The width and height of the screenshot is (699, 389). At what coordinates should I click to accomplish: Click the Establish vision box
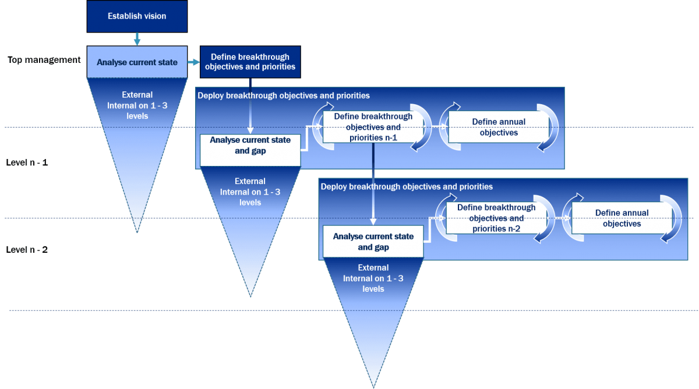[x=137, y=16]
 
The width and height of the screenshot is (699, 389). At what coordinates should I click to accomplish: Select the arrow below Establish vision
[x=137, y=39]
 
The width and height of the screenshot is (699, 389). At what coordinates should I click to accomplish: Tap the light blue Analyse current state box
[x=137, y=62]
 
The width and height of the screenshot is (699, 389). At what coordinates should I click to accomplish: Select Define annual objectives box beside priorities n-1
[x=499, y=128]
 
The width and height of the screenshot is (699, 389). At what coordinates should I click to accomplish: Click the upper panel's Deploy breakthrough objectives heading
[x=284, y=96]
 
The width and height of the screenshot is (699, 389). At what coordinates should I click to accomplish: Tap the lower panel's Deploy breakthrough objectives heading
[x=407, y=187]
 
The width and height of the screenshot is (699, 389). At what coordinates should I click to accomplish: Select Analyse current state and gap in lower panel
[x=373, y=242]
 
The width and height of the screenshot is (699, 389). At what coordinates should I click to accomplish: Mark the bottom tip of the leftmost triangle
[x=137, y=231]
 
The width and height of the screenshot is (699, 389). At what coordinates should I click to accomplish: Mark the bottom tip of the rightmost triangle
[x=373, y=386]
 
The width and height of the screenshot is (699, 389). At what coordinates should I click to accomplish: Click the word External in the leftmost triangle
[x=137, y=95]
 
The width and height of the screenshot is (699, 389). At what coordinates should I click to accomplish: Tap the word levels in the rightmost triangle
[x=373, y=289]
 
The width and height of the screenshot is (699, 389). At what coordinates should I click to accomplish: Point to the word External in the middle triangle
[x=250, y=181]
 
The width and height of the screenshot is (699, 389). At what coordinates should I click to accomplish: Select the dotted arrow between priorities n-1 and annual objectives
[x=439, y=126]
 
